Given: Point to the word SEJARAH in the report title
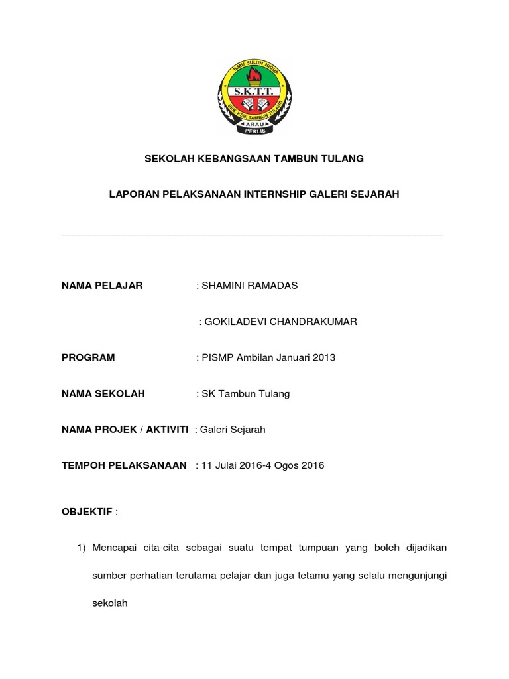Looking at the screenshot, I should pyautogui.click(x=376, y=194).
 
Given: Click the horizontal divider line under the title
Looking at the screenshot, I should pyautogui.click(x=252, y=235).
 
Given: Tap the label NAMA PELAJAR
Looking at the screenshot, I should pyautogui.click(x=102, y=286).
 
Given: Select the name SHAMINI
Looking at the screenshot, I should pyautogui.click(x=225, y=286).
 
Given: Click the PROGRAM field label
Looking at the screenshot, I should pyautogui.click(x=88, y=357).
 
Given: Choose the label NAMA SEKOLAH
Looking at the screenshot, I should pyautogui.click(x=103, y=393).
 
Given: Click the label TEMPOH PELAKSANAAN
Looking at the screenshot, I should pyautogui.click(x=124, y=465).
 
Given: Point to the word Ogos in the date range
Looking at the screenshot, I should pyautogui.click(x=286, y=465).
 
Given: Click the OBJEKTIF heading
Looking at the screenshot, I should pyautogui.click(x=87, y=512).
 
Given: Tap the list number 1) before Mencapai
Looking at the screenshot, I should pyautogui.click(x=82, y=548).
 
